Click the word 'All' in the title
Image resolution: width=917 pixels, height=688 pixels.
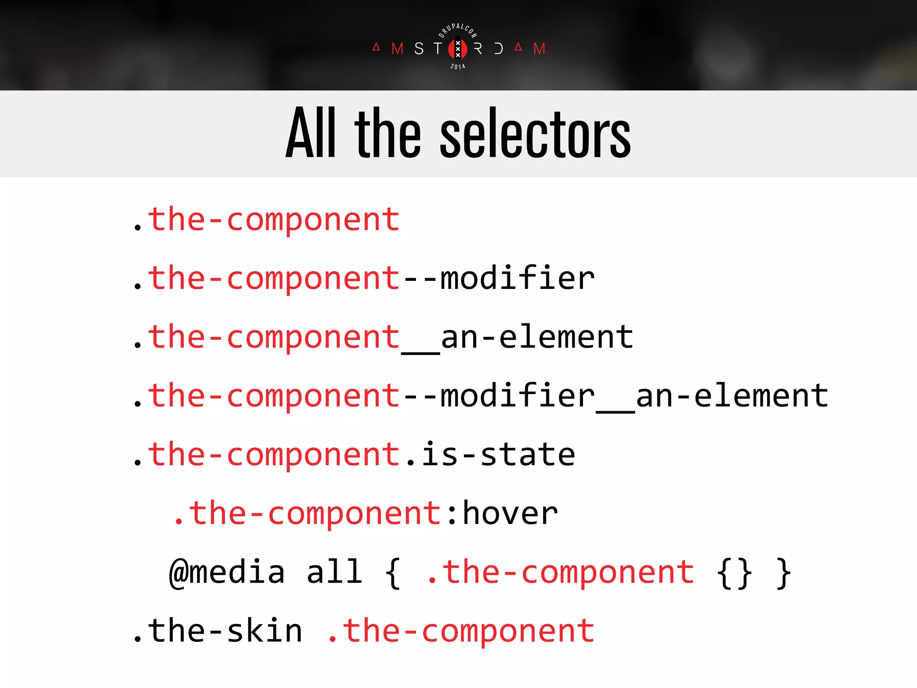pos(311,133)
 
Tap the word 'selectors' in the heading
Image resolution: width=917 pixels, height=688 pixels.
pos(536,133)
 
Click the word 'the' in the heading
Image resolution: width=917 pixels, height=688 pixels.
pos(388,133)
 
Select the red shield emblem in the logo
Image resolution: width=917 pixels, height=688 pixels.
pos(458,48)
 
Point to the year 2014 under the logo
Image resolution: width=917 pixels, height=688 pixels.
pos(458,67)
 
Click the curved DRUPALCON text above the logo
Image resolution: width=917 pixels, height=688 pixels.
pos(458,30)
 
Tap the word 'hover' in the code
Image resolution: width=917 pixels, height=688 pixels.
pos(510,513)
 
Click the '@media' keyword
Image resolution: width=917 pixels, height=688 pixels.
pos(227,572)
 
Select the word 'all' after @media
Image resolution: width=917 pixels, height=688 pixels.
pos(334,572)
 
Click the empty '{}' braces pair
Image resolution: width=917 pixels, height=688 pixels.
pos(734,572)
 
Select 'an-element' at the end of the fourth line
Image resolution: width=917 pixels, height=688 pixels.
pos(732,396)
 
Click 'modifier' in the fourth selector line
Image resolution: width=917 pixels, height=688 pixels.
pos(518,396)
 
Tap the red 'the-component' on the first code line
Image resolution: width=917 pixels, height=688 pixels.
pos(274,220)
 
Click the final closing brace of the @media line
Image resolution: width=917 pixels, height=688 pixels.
pos(784,572)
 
